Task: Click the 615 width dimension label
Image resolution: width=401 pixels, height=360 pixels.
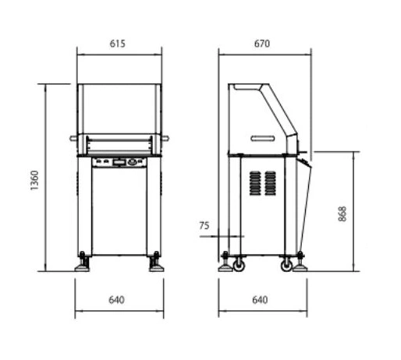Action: click(x=118, y=44)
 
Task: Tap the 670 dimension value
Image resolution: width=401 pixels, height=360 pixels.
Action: click(x=262, y=44)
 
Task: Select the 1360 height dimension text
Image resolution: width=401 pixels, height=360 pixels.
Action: click(x=34, y=180)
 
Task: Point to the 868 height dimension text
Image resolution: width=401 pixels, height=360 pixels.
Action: click(x=342, y=214)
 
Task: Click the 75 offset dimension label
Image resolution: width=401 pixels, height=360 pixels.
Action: click(x=204, y=225)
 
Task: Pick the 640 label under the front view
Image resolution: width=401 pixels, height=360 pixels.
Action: click(x=116, y=300)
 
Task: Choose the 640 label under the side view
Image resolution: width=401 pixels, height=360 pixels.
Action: click(x=260, y=300)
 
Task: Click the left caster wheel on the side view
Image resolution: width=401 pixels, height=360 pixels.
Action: click(x=239, y=266)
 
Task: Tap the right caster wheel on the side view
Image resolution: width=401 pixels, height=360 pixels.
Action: click(x=286, y=266)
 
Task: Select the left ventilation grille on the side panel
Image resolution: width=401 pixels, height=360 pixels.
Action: click(x=255, y=183)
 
